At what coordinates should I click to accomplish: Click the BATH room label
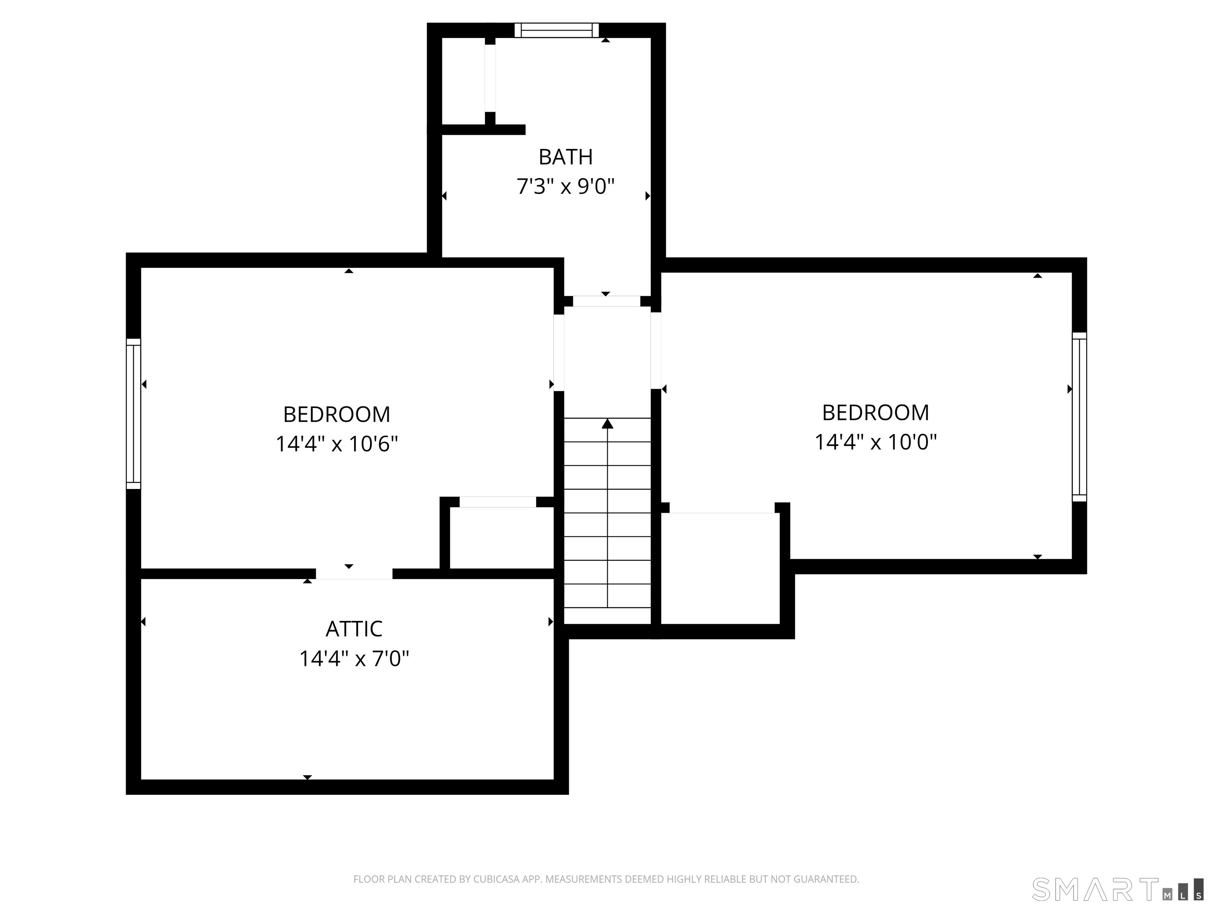[565, 158]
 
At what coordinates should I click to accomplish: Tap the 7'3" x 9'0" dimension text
[565, 186]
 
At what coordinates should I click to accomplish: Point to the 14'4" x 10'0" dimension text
[876, 442]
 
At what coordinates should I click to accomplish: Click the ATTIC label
[354, 629]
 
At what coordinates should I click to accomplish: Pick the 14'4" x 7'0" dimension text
[354, 658]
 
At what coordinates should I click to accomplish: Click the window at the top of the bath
[557, 30]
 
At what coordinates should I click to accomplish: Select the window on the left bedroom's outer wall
[133, 414]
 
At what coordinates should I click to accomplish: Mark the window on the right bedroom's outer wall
[1079, 417]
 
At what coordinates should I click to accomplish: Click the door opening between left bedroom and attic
[354, 574]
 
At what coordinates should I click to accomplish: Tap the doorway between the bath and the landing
[606, 301]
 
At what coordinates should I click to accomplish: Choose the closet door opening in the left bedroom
[498, 502]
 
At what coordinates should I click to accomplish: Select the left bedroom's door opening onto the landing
[559, 352]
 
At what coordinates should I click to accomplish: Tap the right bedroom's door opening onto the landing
[656, 350]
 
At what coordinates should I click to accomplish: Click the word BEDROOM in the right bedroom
[876, 412]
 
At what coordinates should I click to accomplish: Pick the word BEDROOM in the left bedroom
[337, 415]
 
